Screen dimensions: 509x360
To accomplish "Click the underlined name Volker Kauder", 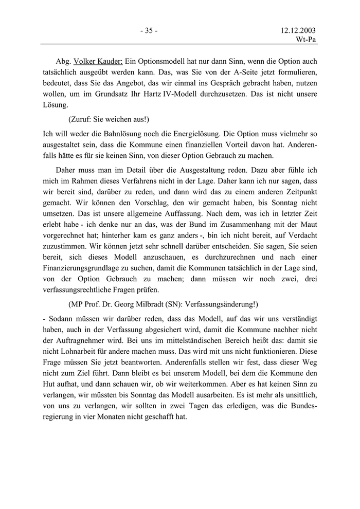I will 100,61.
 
